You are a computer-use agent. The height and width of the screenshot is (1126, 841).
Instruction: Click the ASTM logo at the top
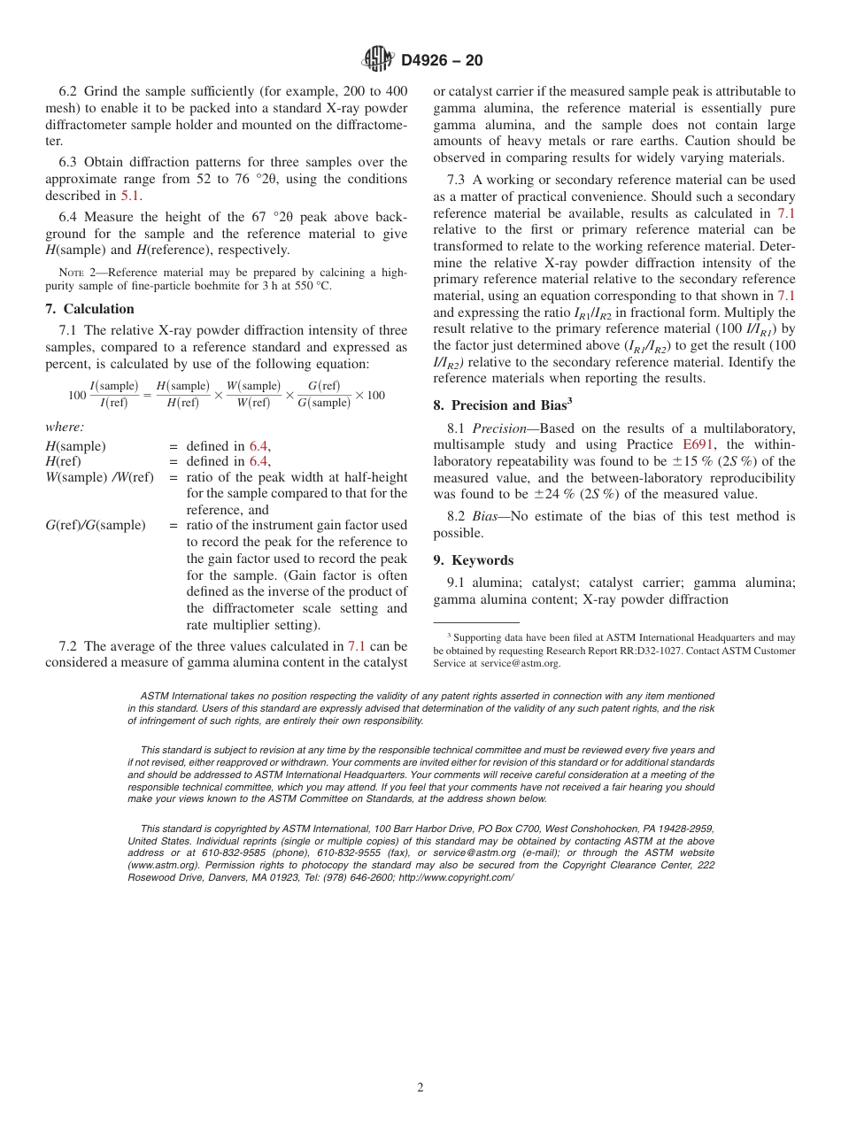[378, 60]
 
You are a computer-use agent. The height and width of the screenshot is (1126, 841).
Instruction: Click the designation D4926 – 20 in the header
[442, 61]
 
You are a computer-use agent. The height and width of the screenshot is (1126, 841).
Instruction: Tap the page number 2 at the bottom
[420, 1088]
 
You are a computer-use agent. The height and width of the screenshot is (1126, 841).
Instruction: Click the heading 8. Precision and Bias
[502, 406]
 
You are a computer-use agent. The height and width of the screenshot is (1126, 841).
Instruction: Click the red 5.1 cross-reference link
[130, 196]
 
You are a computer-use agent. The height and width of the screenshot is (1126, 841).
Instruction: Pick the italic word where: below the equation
[65, 427]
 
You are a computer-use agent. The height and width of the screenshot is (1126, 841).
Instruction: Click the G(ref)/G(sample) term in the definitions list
[95, 526]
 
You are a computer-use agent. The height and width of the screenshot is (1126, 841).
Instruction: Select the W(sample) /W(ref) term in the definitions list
[99, 478]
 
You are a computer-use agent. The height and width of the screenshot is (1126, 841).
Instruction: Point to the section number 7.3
[458, 180]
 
